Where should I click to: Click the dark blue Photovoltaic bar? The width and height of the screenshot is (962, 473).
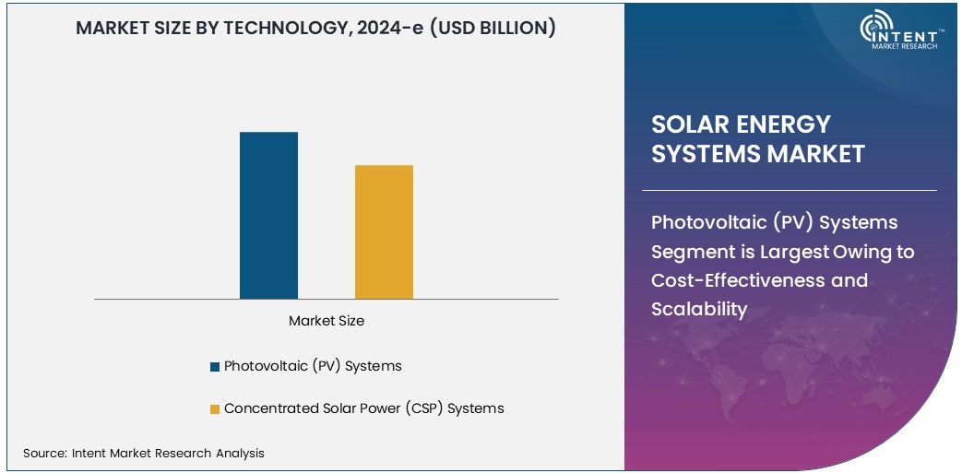coord(268,216)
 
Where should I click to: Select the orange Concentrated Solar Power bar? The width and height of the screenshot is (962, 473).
coord(384,232)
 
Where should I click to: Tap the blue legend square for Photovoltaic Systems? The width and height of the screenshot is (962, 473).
coord(215,366)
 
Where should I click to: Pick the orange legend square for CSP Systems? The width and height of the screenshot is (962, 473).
coord(215,408)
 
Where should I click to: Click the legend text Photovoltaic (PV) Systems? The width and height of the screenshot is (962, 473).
coord(313,366)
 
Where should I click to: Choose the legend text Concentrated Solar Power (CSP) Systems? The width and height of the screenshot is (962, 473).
coord(363,408)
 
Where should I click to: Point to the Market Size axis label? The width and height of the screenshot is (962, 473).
coord(327,321)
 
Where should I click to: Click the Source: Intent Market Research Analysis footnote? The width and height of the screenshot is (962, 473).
coord(144,453)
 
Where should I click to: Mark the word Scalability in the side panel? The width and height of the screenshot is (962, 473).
coord(698,309)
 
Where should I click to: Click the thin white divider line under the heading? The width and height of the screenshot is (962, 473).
coord(793,191)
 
